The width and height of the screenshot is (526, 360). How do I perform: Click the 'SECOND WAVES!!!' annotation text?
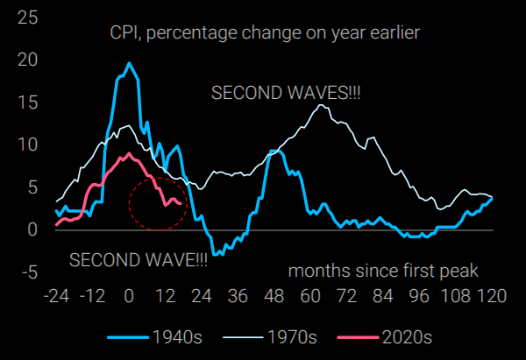coord(275,92)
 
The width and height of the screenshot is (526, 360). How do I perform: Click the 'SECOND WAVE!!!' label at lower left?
coord(139,260)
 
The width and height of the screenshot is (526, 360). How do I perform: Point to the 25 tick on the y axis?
coord(27,18)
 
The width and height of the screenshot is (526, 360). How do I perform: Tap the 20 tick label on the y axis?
coord(27,60)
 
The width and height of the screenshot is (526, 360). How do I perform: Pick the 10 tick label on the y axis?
coord(27,145)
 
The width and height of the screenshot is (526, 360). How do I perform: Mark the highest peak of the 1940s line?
coord(129,63)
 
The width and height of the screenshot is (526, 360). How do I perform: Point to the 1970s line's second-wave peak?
coord(322,105)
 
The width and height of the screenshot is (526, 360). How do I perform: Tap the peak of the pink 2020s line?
coord(129,153)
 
